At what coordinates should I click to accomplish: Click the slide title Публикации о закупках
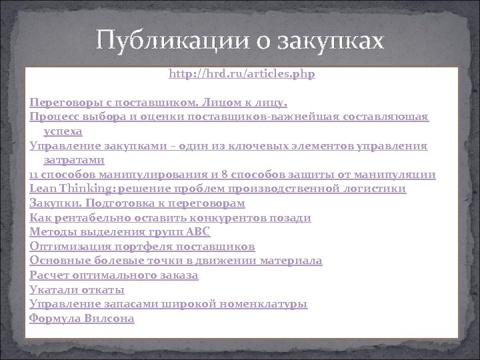(240, 42)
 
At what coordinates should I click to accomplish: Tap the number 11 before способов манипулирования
(34, 175)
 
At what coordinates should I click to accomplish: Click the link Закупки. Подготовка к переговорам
(137, 203)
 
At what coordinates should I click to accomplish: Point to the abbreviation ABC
(198, 232)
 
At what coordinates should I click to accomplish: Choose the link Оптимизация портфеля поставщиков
(142, 246)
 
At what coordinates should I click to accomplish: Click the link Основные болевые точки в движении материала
(176, 261)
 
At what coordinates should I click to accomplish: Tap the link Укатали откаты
(77, 289)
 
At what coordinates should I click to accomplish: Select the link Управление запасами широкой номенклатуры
(169, 304)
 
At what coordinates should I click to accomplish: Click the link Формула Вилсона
(82, 319)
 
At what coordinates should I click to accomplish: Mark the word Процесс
(53, 117)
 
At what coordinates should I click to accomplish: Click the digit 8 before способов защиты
(223, 175)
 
